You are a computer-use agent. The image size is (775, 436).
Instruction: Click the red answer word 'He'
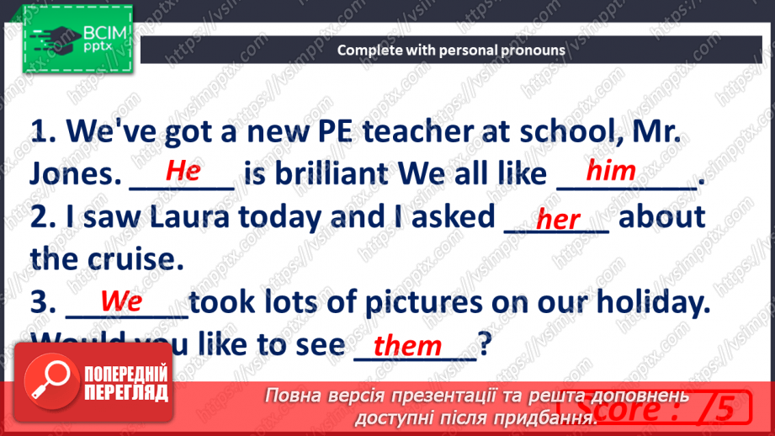[183, 171]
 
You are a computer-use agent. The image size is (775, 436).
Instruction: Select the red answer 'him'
[611, 171]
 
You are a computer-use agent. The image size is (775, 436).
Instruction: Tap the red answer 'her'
[558, 220]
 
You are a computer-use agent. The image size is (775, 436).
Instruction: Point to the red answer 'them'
[407, 345]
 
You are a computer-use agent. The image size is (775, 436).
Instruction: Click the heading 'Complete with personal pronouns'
[451, 50]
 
